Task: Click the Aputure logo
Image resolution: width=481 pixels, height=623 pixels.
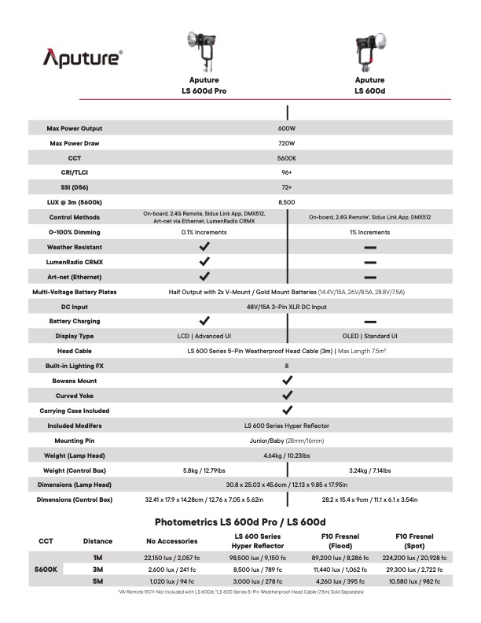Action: (83, 57)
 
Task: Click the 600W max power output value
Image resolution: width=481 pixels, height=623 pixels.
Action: (286, 128)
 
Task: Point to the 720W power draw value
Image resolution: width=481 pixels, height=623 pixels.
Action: (286, 143)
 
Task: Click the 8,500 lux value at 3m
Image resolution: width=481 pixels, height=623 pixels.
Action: (286, 202)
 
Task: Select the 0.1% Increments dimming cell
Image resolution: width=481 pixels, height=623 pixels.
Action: (204, 232)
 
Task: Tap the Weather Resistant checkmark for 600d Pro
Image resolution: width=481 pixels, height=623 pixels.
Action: (204, 247)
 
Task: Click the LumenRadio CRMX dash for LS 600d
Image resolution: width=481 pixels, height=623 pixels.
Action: (369, 262)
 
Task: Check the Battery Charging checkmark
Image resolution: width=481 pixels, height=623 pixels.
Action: (204, 321)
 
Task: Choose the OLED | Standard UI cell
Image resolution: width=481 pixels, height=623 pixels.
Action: (369, 336)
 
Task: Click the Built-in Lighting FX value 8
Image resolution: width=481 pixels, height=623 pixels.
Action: (286, 366)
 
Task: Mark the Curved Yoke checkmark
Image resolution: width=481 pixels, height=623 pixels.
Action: (287, 396)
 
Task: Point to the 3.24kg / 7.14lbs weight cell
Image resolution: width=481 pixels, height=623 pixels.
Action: (369, 470)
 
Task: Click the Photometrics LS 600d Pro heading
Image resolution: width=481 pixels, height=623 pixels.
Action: (240, 522)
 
